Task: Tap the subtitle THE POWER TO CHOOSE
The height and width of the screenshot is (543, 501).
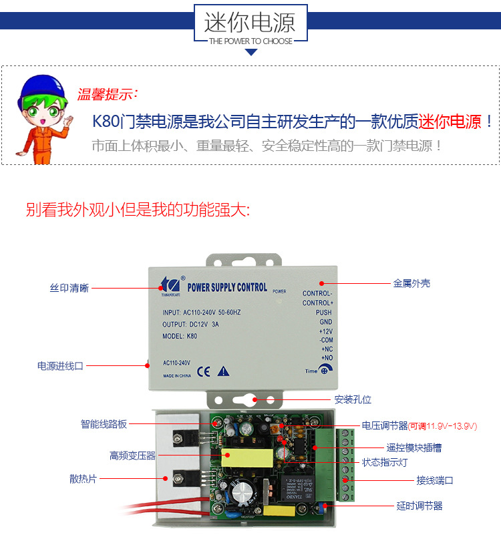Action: pyautogui.click(x=251, y=41)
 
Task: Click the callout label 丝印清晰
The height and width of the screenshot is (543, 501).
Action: pyautogui.click(x=69, y=288)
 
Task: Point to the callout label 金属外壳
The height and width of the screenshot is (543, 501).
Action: pyautogui.click(x=411, y=283)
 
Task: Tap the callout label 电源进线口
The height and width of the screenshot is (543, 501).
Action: pyautogui.click(x=60, y=366)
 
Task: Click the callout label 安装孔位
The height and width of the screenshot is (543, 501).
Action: pyautogui.click(x=353, y=399)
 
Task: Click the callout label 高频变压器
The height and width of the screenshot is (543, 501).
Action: pyautogui.click(x=132, y=456)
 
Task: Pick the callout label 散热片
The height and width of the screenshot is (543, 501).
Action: pyautogui.click(x=83, y=479)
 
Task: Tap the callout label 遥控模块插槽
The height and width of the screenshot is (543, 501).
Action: pyautogui.click(x=413, y=447)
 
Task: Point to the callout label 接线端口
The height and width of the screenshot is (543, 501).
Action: pyautogui.click(x=435, y=480)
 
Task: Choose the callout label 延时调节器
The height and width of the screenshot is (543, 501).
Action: pyautogui.click(x=419, y=506)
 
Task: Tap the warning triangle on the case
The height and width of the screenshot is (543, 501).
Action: pyautogui.click(x=224, y=371)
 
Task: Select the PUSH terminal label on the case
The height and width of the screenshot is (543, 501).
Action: pyautogui.click(x=324, y=313)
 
